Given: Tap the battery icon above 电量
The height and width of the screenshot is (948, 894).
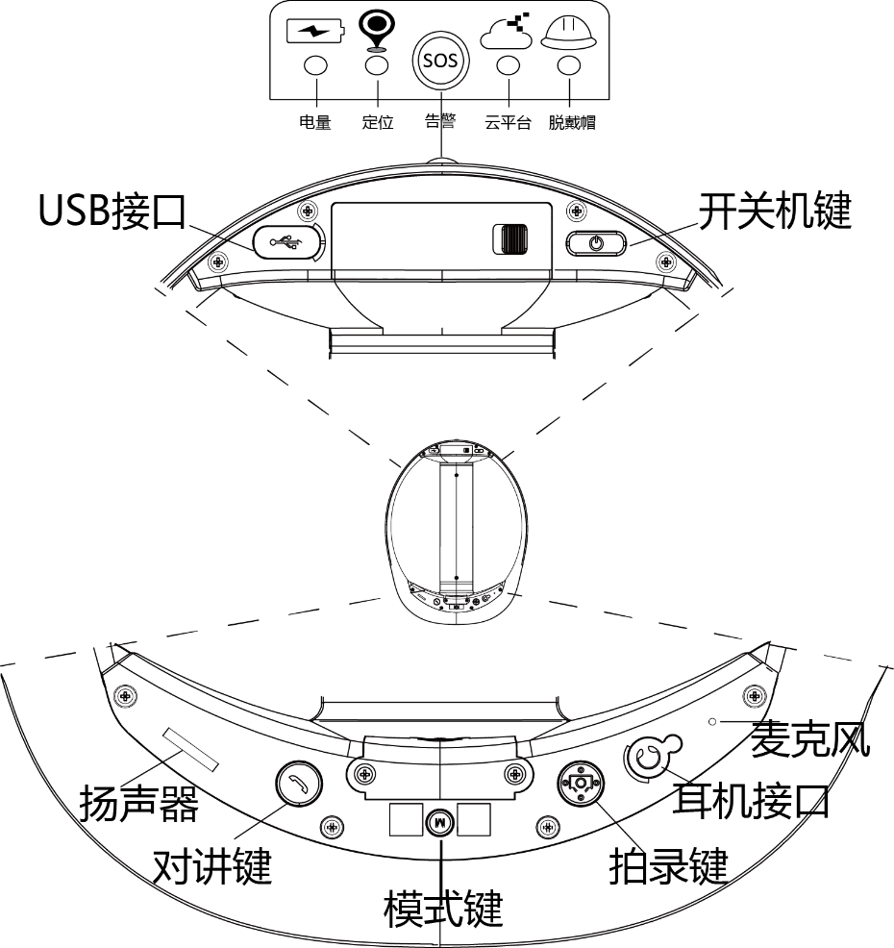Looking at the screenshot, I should click(x=314, y=32).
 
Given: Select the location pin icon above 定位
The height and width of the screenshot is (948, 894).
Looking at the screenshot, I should click(x=377, y=30).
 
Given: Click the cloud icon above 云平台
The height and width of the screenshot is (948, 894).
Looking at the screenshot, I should click(x=507, y=32).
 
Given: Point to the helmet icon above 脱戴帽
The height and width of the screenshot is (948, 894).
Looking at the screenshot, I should click(x=569, y=33).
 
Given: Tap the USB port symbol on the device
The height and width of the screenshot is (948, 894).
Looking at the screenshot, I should click(x=287, y=242).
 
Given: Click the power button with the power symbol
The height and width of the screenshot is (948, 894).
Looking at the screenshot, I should click(x=596, y=243).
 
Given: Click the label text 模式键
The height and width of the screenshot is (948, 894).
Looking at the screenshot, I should click(x=443, y=908).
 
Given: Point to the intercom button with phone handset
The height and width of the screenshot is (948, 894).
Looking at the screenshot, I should click(x=296, y=785).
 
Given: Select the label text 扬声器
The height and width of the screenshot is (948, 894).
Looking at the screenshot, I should click(x=139, y=803).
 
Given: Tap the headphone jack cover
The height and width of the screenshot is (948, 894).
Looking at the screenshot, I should click(x=651, y=759).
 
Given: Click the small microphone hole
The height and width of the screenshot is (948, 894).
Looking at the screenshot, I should click(x=711, y=721).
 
